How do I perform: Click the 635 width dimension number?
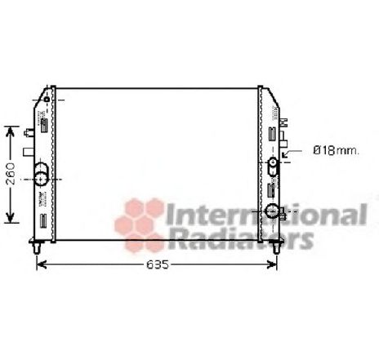pos(158,264)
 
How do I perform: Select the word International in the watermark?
pos(265,216)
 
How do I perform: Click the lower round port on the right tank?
pos(272,213)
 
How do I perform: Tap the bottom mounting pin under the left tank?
pos(37,246)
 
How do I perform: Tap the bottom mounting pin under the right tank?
pos(276,246)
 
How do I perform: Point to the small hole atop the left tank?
pos(47,100)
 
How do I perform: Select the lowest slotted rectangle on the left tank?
pos(42,220)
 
